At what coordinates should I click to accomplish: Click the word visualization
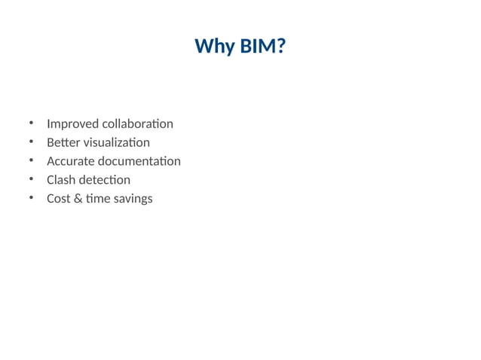coord(117,142)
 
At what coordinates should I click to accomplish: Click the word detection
coord(106,180)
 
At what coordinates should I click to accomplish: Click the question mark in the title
coord(280,47)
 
